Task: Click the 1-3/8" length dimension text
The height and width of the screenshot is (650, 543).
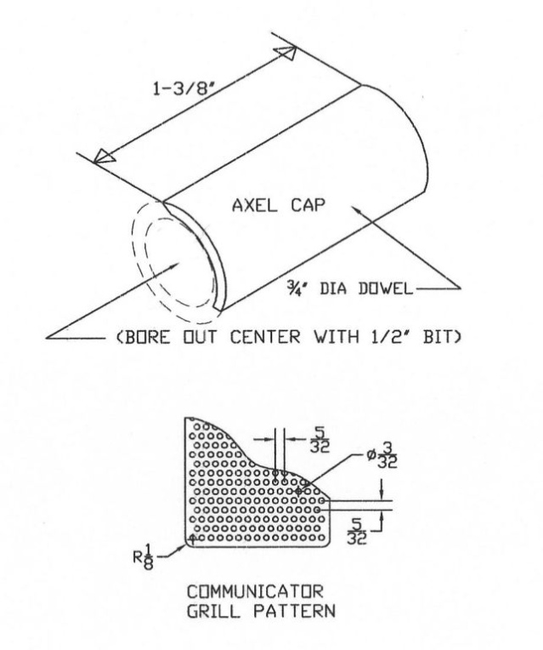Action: pyautogui.click(x=184, y=88)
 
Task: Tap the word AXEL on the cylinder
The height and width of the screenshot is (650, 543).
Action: pyautogui.click(x=254, y=205)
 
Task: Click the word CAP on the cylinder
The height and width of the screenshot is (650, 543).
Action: pyautogui.click(x=308, y=205)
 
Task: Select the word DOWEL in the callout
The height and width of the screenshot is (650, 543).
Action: pyautogui.click(x=386, y=288)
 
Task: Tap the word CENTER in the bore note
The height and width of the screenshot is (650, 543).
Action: pyautogui.click(x=265, y=337)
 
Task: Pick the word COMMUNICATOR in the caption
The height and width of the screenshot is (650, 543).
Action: pyautogui.click(x=255, y=591)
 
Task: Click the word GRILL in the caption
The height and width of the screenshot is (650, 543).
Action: pyautogui.click(x=213, y=612)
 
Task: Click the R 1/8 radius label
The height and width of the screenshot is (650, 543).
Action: pyautogui.click(x=144, y=557)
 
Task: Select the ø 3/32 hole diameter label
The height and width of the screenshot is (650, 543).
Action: pyautogui.click(x=382, y=455)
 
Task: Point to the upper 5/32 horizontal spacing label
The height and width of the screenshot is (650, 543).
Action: pyautogui.click(x=320, y=439)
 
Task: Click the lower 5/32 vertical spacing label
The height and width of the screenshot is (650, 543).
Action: pyautogui.click(x=357, y=531)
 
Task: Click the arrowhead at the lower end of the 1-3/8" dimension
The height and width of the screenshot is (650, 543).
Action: pyautogui.click(x=104, y=157)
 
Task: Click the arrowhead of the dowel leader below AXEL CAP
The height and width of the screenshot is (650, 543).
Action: pyautogui.click(x=358, y=209)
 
